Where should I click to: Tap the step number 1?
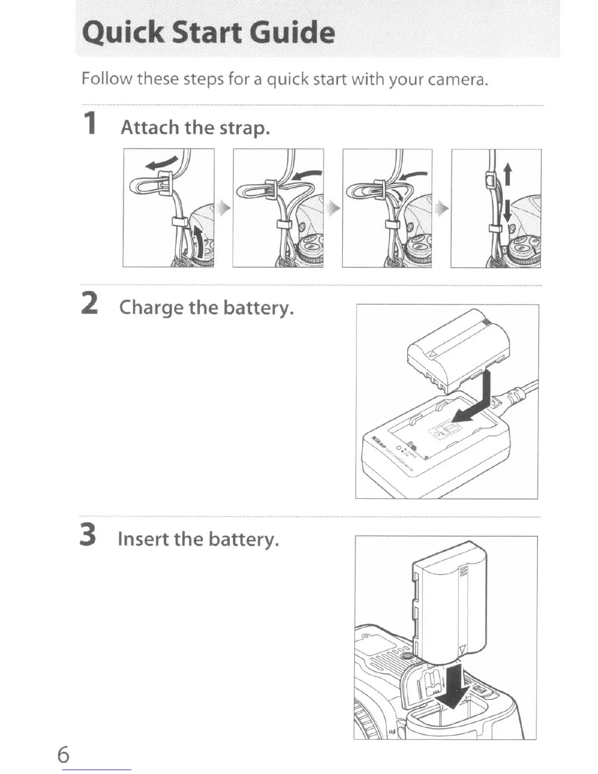point(89,123)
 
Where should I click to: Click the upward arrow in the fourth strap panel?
point(508,174)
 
